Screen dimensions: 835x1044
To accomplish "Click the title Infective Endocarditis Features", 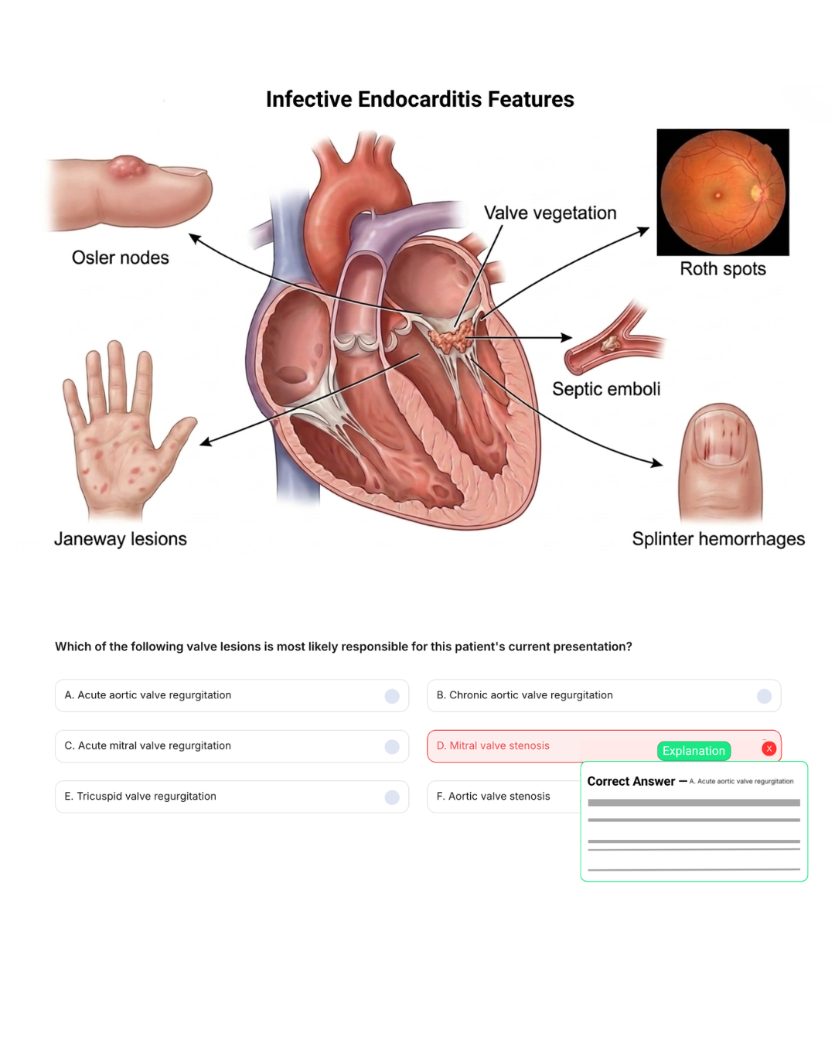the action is pos(420,99).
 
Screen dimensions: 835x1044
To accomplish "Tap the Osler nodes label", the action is pos(121,258).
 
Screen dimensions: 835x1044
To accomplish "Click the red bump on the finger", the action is pos(126,166).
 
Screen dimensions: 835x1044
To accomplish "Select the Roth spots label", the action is pos(722,269).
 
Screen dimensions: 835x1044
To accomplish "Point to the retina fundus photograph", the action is pos(722,192).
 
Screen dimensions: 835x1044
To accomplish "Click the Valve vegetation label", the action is pos(550,213).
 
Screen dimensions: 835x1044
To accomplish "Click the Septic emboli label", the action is pos(606,389).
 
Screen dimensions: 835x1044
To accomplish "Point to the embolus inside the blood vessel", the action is pos(609,343).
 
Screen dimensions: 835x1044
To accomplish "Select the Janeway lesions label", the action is pos(121,539).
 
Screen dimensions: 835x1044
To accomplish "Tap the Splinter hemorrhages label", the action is pos(718,539).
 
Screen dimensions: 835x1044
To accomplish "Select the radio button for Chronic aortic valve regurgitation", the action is pos(764,696).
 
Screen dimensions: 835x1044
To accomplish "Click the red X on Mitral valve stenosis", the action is pos(769,749).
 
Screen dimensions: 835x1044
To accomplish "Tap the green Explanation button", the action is pos(694,750).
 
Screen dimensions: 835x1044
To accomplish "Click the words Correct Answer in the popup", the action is pos(631,782).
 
